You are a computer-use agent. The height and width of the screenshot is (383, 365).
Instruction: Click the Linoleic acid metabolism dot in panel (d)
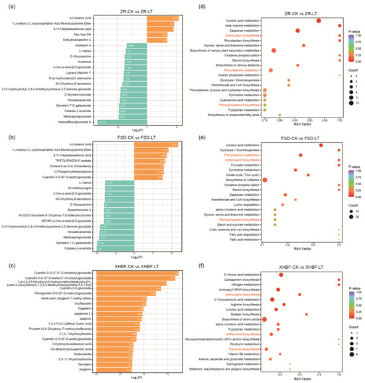click(319, 21)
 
